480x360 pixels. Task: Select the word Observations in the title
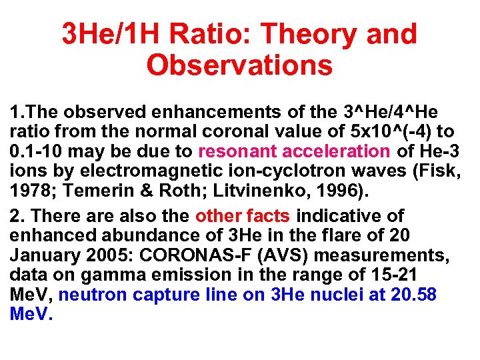(x=239, y=65)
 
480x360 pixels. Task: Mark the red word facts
(x=268, y=216)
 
